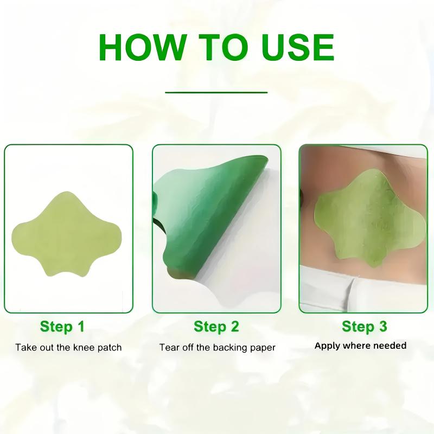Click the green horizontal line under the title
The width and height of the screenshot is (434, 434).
(216, 92)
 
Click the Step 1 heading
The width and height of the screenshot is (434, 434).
(62, 327)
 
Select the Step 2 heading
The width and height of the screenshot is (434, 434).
(216, 327)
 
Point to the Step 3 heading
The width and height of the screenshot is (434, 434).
(365, 327)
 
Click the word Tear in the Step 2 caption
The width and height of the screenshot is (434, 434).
(168, 347)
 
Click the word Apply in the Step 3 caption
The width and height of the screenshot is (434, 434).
(327, 346)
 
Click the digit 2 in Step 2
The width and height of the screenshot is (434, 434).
(234, 327)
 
